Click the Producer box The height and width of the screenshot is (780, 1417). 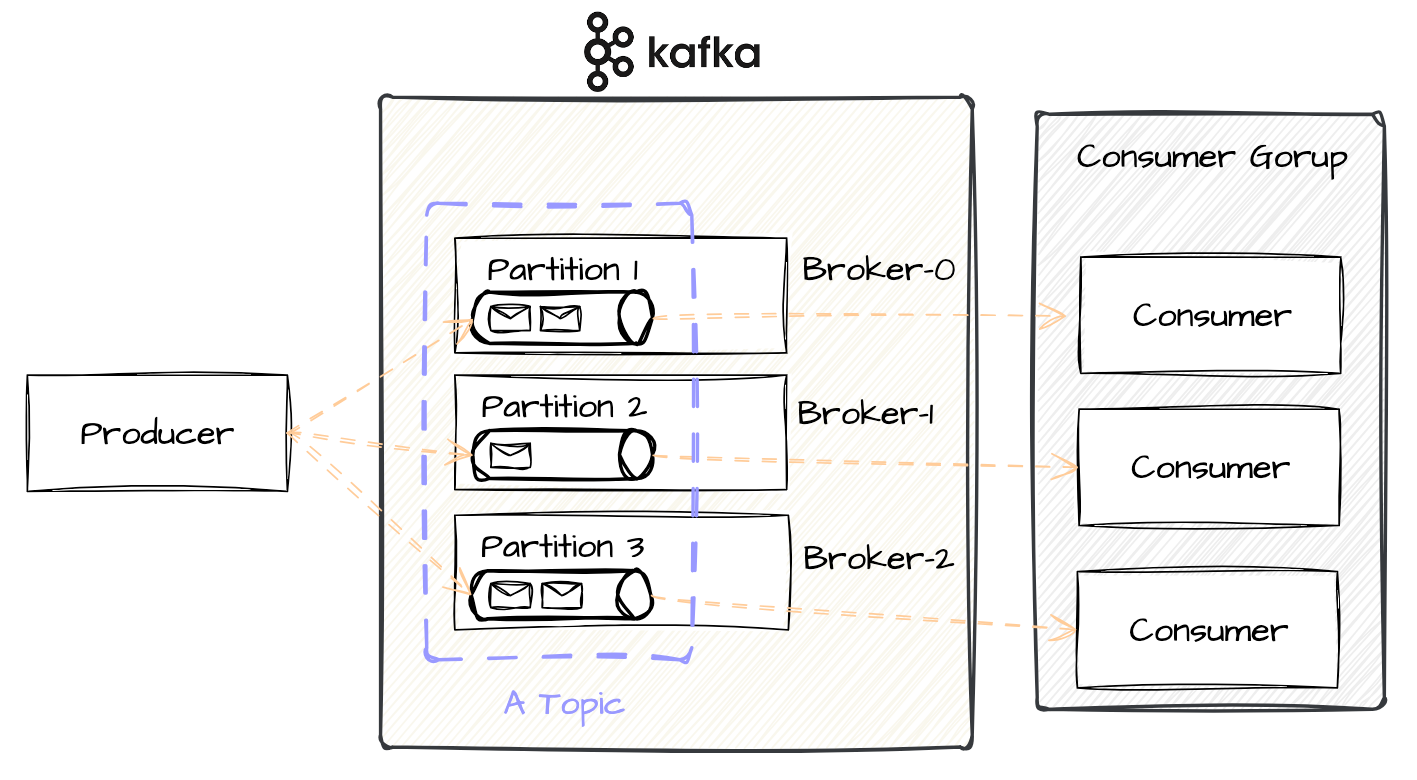click(x=157, y=433)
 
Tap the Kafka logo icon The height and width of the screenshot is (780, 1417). click(x=608, y=52)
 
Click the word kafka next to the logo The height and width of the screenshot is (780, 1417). click(x=703, y=52)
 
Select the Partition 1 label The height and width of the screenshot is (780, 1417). click(x=563, y=270)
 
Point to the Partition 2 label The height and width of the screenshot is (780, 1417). click(x=563, y=407)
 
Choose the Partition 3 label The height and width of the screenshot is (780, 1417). click(x=562, y=547)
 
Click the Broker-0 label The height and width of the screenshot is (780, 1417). click(x=877, y=269)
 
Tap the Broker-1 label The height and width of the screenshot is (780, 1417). click(x=865, y=413)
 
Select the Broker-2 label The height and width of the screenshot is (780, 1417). click(x=877, y=558)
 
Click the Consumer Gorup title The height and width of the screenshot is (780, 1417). click(x=1211, y=157)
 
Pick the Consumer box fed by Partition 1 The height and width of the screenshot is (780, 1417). click(x=1210, y=315)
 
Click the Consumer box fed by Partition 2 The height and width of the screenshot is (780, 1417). click(x=1209, y=467)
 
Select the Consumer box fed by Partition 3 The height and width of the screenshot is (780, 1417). click(x=1207, y=630)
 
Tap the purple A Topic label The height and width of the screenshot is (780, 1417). click(x=564, y=703)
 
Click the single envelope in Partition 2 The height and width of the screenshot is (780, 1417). click(x=510, y=455)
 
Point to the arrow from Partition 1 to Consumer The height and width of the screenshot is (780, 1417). click(x=860, y=316)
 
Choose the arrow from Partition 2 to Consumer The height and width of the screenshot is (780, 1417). click(x=865, y=462)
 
